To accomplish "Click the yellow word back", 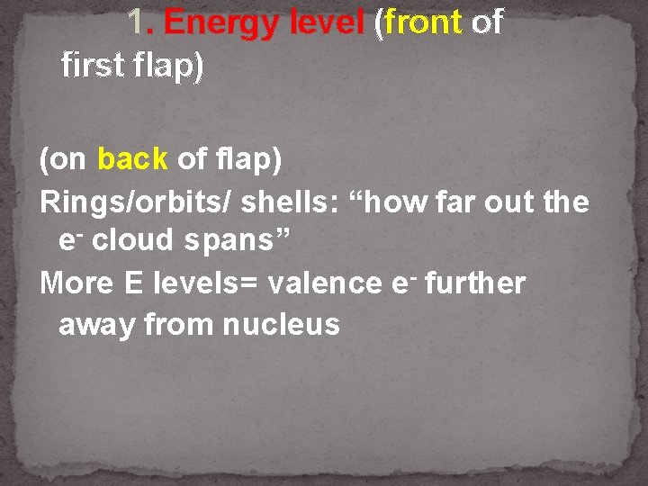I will click(x=132, y=160).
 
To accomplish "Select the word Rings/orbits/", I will click(x=139, y=202).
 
